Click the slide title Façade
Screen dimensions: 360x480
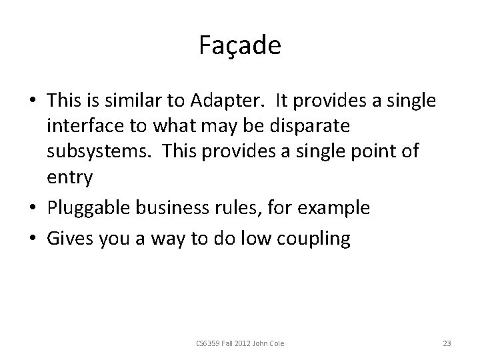pos(240,45)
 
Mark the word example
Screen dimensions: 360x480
pos(331,207)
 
